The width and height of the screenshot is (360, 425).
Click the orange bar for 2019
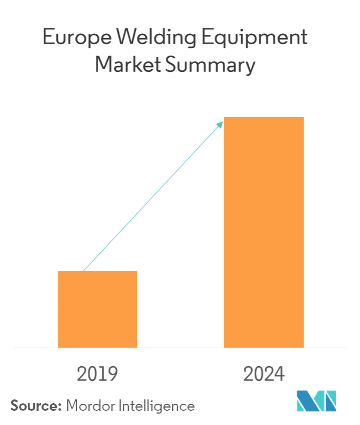tap(97, 309)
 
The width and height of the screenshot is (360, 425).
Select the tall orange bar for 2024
tap(263, 232)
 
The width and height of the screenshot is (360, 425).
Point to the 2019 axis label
tap(98, 374)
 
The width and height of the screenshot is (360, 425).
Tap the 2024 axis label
tap(264, 374)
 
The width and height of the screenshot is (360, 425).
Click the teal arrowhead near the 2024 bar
tap(221, 124)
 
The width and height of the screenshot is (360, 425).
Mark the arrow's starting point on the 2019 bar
tap(83, 271)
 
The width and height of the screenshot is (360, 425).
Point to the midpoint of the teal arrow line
tap(153, 197)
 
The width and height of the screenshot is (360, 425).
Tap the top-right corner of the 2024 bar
tap(303, 118)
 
